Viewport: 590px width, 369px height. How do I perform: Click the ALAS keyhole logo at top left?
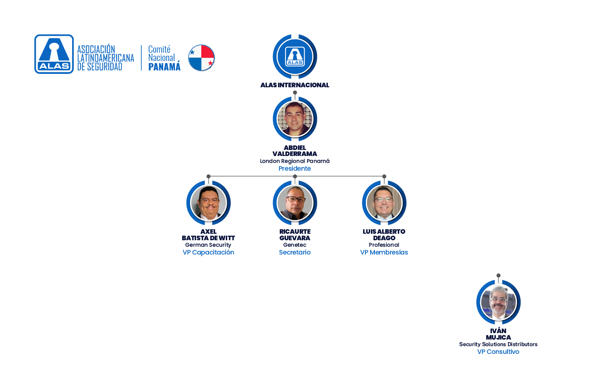[54, 54]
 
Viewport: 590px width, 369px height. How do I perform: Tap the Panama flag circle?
[202, 57]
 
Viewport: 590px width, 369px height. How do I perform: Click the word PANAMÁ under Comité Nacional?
[164, 67]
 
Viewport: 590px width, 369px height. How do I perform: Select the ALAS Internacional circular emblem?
[295, 56]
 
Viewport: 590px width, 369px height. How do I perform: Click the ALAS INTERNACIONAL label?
[295, 85]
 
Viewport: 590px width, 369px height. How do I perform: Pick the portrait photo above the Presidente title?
[295, 119]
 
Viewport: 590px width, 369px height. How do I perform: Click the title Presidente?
[295, 169]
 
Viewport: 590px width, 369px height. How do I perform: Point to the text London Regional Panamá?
[295, 161]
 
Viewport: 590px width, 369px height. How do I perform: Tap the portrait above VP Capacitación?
[209, 203]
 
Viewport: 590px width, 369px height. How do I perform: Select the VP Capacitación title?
[209, 252]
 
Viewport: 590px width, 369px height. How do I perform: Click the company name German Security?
[209, 245]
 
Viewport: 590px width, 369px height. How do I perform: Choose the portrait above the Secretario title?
[295, 203]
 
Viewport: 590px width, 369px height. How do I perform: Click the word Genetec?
[295, 245]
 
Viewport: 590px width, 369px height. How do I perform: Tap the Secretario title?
[295, 252]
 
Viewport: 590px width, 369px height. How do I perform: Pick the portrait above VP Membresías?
[384, 203]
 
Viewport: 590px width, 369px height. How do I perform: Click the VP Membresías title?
[384, 252]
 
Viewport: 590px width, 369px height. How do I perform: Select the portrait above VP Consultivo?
[498, 302]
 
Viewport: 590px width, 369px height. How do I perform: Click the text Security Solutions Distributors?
[498, 344]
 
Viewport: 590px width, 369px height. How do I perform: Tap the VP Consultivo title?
[498, 352]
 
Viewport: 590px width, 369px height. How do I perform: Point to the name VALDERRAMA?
[295, 154]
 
